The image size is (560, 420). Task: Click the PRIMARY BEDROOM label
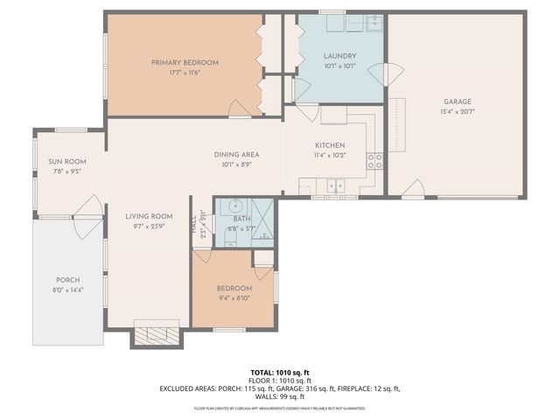click(184, 62)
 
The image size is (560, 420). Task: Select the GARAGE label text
click(456, 101)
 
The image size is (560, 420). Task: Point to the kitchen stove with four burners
click(374, 160)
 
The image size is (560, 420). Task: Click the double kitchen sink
click(335, 185)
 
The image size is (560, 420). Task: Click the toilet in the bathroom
click(226, 229)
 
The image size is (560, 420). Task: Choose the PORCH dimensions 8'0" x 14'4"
click(68, 290)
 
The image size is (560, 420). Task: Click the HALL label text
click(194, 223)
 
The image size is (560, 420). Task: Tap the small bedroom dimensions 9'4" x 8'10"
click(234, 297)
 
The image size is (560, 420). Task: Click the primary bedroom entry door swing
click(238, 108)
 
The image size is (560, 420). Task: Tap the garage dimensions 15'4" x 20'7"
click(456, 111)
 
